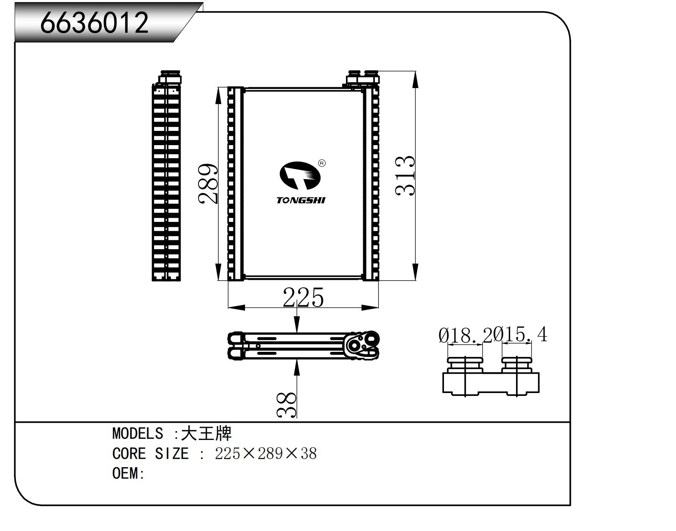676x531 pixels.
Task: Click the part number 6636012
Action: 94,23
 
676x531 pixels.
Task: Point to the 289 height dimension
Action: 208,184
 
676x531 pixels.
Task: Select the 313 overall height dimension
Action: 405,175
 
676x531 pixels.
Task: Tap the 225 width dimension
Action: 303,297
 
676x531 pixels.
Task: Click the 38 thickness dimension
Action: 287,405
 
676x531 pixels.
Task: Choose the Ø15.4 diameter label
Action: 521,335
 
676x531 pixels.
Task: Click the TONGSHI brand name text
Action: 301,200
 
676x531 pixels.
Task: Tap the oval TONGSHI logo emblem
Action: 300,175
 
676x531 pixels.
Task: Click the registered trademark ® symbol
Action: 322,163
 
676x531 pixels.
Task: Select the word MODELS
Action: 137,433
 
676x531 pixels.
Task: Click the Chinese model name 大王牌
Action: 206,433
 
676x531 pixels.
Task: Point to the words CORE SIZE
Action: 150,453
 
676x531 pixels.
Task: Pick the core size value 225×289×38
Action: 266,453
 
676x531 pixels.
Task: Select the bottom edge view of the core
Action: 304,346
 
